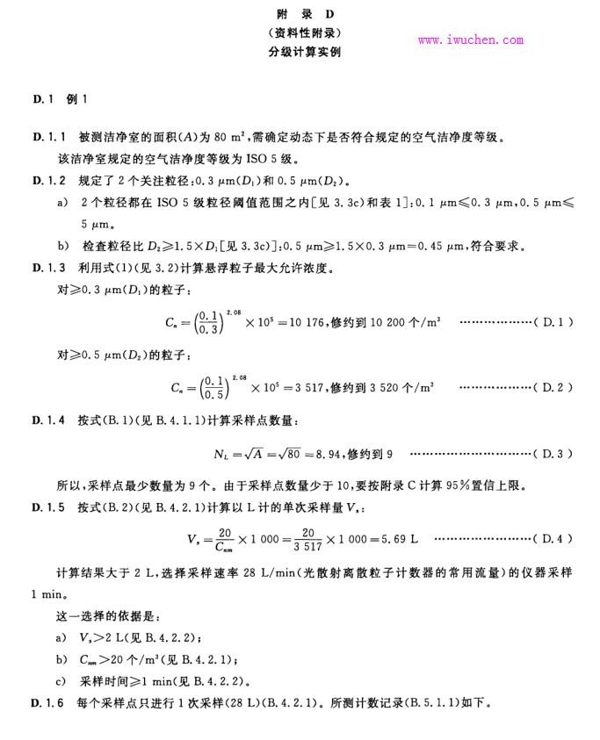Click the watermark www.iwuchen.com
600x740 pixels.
click(x=470, y=40)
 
